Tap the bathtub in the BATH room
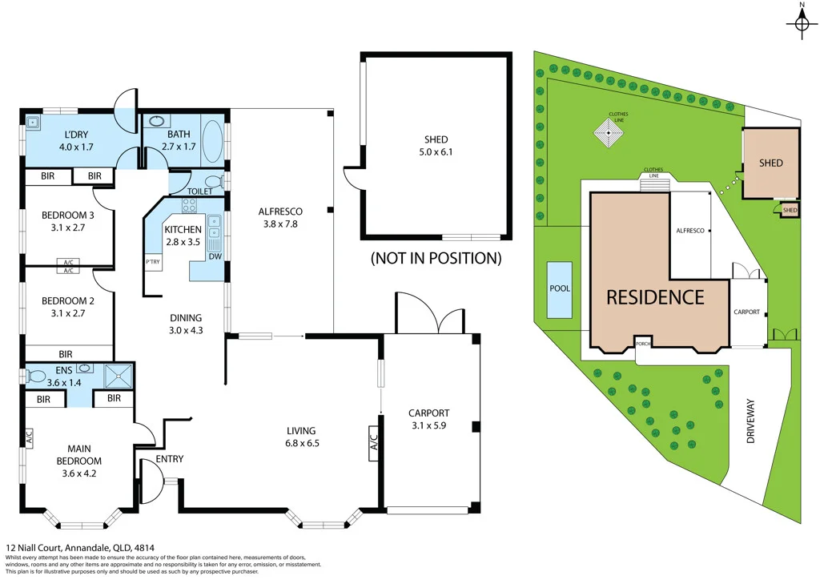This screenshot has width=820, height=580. (x=212, y=142)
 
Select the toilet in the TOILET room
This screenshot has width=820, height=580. (x=211, y=182)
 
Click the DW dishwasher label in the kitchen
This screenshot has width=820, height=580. (x=215, y=256)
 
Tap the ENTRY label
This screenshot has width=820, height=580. (x=170, y=459)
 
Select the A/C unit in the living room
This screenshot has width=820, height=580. (x=373, y=443)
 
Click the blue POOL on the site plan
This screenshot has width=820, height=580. (x=560, y=289)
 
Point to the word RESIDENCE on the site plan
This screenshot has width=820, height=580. (x=655, y=297)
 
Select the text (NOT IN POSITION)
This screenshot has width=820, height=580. (x=436, y=258)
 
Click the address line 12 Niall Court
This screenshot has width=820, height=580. (x=79, y=548)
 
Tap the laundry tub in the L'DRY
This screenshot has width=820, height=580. (x=33, y=123)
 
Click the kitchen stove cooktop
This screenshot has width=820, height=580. (x=190, y=206)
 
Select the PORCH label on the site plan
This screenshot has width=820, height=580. (x=642, y=344)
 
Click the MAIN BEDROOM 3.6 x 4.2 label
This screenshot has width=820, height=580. (x=78, y=461)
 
